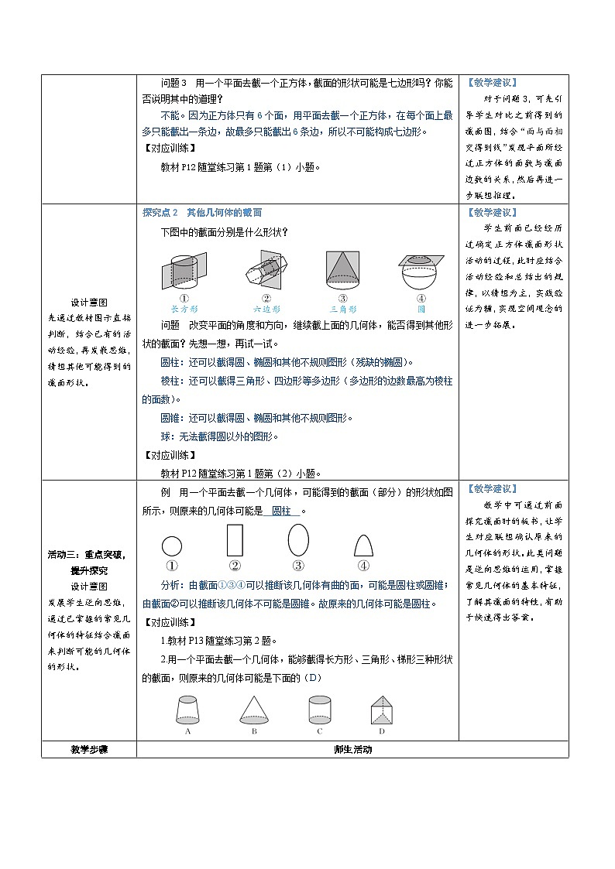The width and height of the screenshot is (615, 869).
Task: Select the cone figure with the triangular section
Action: [343, 270]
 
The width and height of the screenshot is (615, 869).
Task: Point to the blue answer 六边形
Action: [266, 308]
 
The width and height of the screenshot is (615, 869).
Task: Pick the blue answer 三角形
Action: [343, 308]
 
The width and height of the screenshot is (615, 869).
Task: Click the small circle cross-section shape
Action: [172, 546]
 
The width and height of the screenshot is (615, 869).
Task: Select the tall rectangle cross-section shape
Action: [234, 542]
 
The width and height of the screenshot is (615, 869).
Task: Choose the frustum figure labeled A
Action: [188, 708]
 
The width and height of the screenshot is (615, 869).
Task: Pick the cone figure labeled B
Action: [253, 708]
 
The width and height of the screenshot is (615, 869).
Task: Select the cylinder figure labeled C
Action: [319, 708]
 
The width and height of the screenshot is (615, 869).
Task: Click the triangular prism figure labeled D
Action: [381, 708]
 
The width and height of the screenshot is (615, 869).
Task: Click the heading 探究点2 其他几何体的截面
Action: [203, 213]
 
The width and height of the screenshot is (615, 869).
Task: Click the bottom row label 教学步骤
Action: [88, 750]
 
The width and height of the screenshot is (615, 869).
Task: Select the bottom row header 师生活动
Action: [352, 750]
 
